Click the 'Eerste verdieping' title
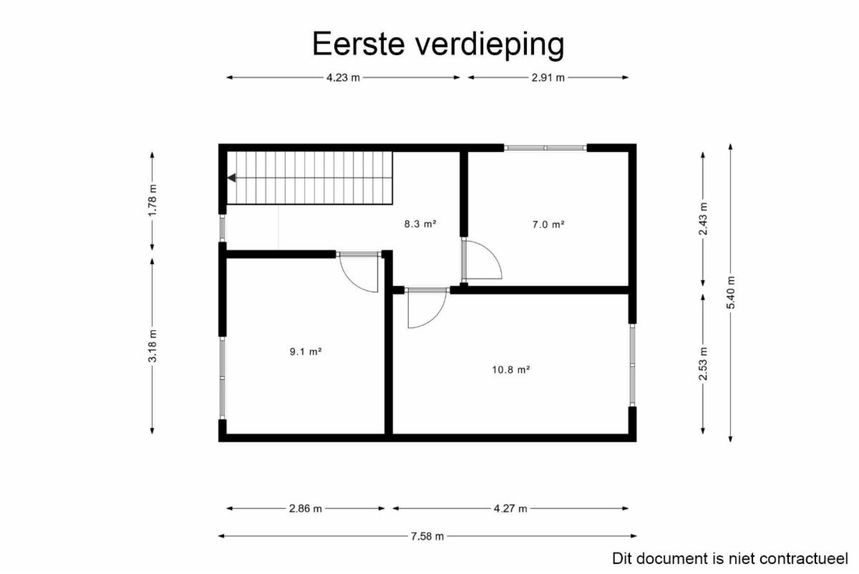click(438, 44)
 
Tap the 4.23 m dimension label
click(343, 78)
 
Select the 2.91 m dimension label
click(548, 78)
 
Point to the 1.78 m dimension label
click(152, 200)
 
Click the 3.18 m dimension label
click(152, 346)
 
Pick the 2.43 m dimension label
click(703, 219)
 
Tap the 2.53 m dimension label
click(703, 363)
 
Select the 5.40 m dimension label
click(731, 292)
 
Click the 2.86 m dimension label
click(306, 509)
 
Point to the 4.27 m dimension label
click(510, 509)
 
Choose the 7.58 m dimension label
click(427, 536)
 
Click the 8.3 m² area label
click(420, 224)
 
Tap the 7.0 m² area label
click(548, 224)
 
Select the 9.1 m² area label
click(306, 352)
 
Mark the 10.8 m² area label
click(511, 370)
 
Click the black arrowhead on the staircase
click(232, 178)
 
